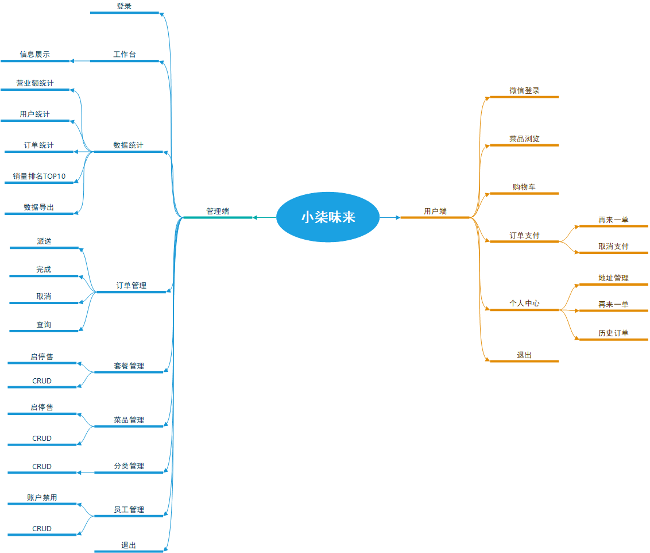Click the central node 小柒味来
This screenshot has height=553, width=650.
(328, 217)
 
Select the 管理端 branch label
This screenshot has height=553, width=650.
(218, 212)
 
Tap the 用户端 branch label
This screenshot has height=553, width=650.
(435, 212)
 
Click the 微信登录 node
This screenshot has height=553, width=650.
(524, 91)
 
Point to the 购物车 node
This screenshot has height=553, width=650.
(524, 187)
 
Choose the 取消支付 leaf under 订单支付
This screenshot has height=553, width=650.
(613, 247)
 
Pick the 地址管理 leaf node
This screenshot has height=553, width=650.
(613, 278)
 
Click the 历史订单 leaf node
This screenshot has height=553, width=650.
(613, 333)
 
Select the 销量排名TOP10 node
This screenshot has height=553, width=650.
(39, 176)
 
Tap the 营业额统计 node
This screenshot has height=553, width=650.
(35, 84)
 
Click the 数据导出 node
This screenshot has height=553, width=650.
(39, 208)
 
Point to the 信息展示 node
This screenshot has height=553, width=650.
(35, 55)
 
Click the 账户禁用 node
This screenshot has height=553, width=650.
(42, 498)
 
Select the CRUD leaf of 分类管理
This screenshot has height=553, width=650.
(42, 467)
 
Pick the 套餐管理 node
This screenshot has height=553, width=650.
(129, 366)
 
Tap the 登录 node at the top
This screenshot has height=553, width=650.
(124, 6)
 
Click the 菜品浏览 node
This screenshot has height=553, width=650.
(524, 139)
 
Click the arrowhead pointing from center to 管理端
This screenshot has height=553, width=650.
(256, 217)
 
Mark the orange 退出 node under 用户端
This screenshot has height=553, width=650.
(524, 355)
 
